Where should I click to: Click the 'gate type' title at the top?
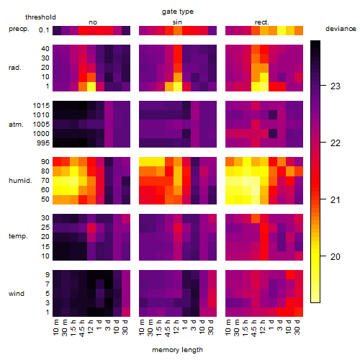[x=178, y=12]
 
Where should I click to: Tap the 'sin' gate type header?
[x=177, y=22]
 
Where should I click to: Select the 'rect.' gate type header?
[x=262, y=22]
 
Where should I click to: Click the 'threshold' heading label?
[x=40, y=17]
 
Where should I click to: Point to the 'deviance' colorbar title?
[x=341, y=29]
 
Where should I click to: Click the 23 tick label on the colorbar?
[x=336, y=86]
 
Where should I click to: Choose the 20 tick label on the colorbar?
[x=336, y=257]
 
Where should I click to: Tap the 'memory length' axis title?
[x=178, y=350]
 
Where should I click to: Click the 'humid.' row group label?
[x=20, y=181]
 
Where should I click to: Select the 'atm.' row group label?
[x=16, y=125]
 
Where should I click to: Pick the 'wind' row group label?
[x=17, y=294]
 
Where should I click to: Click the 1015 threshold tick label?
[x=41, y=106]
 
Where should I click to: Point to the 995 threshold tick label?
[x=43, y=143]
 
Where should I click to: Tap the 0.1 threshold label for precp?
[x=44, y=30]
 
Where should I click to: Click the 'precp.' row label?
[x=19, y=29]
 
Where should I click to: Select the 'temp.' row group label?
[x=18, y=236]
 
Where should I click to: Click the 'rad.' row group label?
[x=15, y=68]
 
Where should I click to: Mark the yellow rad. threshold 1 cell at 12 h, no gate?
[x=91, y=86]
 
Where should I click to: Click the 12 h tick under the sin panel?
[x=176, y=327]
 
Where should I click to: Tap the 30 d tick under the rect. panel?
[x=297, y=327]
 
